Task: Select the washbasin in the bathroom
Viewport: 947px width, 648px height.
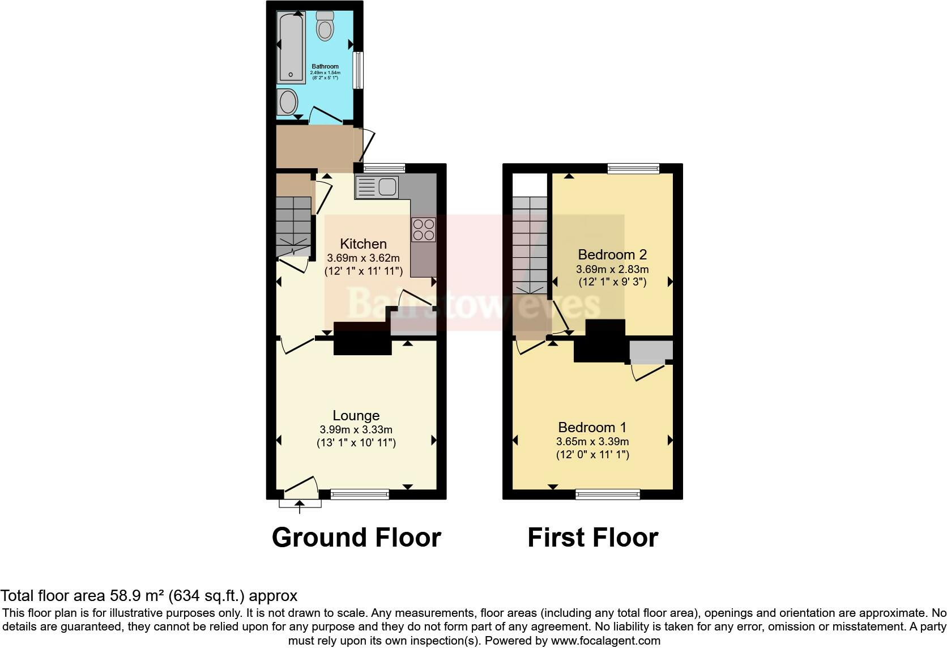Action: [288, 103]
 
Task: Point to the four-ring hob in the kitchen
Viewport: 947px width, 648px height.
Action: [424, 229]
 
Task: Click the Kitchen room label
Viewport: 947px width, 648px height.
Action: [363, 244]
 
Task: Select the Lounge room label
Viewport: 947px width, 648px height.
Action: [356, 416]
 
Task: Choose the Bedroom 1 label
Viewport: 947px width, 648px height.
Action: [592, 428]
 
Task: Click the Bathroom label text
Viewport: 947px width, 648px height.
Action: [325, 67]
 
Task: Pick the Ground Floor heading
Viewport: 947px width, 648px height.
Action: [356, 537]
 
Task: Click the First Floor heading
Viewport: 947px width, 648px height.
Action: [592, 537]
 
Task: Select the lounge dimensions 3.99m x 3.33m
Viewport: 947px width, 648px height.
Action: [356, 430]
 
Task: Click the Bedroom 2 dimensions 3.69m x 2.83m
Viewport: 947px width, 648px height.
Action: [612, 269]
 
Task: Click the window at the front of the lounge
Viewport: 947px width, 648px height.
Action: [360, 494]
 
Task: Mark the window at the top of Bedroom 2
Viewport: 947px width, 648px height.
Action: [634, 168]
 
